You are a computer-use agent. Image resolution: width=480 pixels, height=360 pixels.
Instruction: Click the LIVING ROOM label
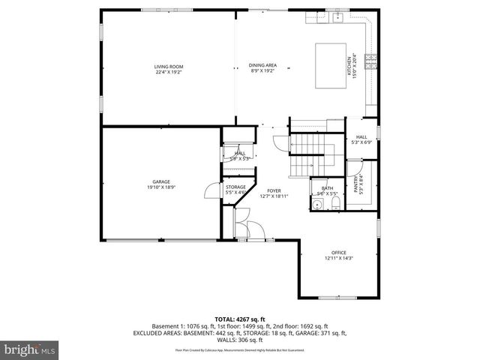pyautogui.click(x=169, y=67)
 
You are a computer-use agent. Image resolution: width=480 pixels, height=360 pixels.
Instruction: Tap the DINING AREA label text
pyautogui.click(x=262, y=65)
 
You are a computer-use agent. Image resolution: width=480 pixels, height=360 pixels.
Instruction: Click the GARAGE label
pyautogui.click(x=161, y=181)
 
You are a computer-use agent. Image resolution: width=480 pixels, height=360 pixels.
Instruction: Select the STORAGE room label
pyautogui.click(x=236, y=187)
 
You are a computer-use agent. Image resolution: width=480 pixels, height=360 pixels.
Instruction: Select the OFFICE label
pyautogui.click(x=339, y=253)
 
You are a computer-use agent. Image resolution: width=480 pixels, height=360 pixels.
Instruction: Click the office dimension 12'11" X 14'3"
pyautogui.click(x=339, y=259)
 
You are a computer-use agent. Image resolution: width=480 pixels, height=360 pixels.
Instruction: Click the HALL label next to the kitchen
pyautogui.click(x=361, y=136)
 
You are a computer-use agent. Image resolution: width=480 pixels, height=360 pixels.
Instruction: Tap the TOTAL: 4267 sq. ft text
pyautogui.click(x=239, y=319)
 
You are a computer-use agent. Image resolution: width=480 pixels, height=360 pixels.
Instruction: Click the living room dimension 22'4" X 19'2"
pyautogui.click(x=169, y=72)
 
